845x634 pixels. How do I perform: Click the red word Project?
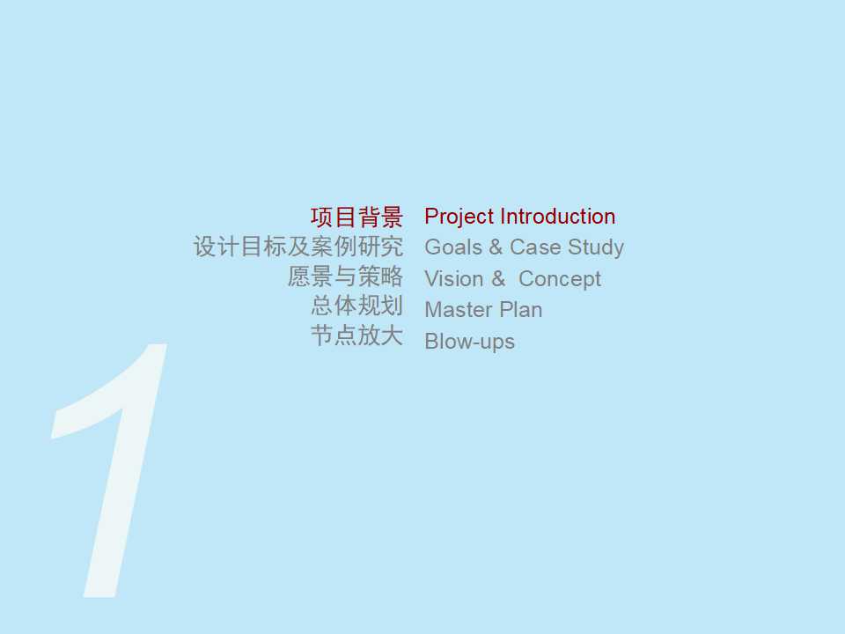(x=459, y=217)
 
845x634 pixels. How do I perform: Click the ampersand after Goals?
(x=496, y=247)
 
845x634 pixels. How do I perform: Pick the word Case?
(x=535, y=247)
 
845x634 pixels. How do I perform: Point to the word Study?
(x=596, y=247)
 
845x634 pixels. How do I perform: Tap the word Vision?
(x=453, y=279)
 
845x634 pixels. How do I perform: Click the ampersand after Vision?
(x=498, y=279)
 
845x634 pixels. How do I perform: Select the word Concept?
(x=560, y=279)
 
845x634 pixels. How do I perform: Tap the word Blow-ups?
(x=469, y=342)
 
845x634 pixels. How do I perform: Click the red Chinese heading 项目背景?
(x=356, y=217)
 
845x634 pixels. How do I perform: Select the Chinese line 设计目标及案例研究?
(x=298, y=247)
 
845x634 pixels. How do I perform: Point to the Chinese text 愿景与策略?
(x=345, y=276)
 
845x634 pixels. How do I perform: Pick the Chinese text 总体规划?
(x=356, y=306)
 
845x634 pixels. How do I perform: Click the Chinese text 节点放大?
(x=356, y=335)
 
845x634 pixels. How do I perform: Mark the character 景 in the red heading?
(x=392, y=217)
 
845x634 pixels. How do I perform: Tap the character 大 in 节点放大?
(x=392, y=335)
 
